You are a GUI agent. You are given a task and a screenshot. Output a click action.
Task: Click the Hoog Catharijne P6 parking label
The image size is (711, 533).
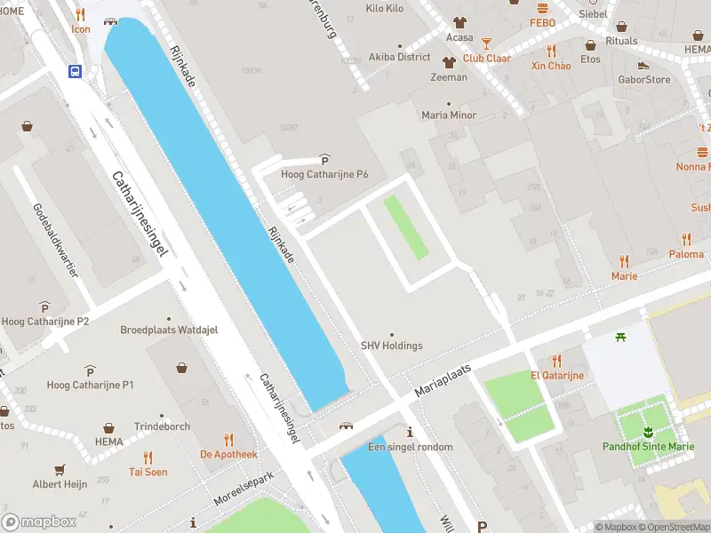324,174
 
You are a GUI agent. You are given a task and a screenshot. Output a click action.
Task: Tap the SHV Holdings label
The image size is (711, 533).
391,346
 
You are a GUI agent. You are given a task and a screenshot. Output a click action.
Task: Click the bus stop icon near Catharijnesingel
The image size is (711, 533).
76,72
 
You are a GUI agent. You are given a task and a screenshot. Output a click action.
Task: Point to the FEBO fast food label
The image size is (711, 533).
542,22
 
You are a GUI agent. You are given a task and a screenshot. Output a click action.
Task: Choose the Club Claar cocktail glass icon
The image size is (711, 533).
486,43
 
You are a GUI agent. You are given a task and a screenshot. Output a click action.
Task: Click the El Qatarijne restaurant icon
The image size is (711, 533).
557,360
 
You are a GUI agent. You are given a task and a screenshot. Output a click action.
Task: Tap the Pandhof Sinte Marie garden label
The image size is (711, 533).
647,446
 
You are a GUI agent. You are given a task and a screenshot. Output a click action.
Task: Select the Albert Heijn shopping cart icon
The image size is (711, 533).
60,469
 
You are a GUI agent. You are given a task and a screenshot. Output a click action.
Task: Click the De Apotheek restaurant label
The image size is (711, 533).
228,454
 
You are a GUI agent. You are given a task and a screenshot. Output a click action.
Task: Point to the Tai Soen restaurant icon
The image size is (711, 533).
148,457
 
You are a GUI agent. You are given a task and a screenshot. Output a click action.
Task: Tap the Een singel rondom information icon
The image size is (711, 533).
410,432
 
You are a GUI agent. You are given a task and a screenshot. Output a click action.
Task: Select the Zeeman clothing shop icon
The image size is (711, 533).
449,61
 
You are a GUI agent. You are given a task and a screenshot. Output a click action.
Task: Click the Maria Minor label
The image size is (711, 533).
449,115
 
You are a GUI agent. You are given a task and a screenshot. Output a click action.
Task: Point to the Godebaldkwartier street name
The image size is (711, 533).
55,240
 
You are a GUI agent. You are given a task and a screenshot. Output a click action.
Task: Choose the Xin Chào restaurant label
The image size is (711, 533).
551,66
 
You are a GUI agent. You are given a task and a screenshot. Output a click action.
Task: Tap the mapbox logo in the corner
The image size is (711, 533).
40,521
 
